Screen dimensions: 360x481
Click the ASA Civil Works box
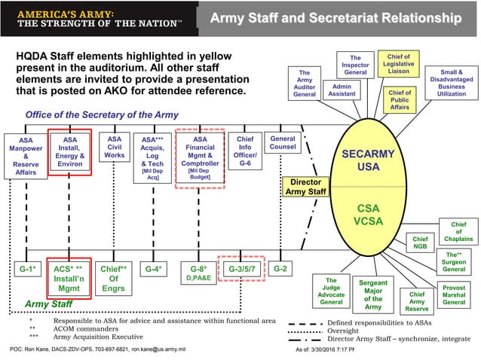point(115,148)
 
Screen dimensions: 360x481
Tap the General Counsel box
point(283,143)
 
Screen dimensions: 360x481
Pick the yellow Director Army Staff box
point(305,187)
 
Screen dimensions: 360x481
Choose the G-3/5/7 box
point(242,268)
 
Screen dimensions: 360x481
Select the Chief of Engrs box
point(113,277)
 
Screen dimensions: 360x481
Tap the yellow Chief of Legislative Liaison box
point(399,66)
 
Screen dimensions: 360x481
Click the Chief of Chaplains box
point(458,231)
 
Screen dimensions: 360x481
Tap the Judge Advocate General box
point(331,291)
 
